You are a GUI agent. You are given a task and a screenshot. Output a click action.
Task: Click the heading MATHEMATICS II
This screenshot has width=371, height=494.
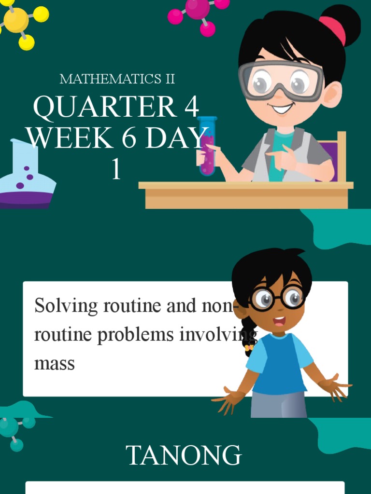pyautogui.click(x=117, y=79)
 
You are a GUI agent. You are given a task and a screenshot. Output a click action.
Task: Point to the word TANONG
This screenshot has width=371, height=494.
pyautogui.click(x=184, y=455)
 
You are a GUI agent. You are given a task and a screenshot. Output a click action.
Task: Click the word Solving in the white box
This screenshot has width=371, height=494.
pyautogui.click(x=61, y=306)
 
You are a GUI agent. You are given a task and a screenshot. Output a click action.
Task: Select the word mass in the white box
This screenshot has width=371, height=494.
pyautogui.click(x=54, y=363)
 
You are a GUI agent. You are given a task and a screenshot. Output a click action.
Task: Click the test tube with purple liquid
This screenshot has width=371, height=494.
pyautogui.click(x=207, y=146)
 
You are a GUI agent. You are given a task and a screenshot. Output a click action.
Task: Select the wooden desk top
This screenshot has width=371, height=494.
pyautogui.click(x=245, y=185)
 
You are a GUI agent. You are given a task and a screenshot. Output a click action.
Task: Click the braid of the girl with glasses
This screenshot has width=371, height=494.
pyautogui.click(x=249, y=336)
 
